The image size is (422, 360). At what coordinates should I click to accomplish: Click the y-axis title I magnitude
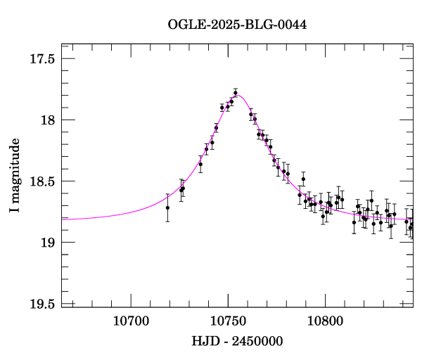pyautogui.click(x=15, y=176)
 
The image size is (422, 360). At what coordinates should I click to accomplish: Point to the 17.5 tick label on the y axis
pyautogui.click(x=42, y=58)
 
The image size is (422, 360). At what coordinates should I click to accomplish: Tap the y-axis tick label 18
pyautogui.click(x=48, y=120)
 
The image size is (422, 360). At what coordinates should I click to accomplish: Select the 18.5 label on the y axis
pyautogui.click(x=42, y=181)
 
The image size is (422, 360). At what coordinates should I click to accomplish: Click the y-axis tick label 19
pyautogui.click(x=48, y=243)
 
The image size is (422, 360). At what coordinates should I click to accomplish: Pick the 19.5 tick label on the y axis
pyautogui.click(x=42, y=304)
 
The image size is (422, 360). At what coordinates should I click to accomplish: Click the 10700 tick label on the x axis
pyautogui.click(x=132, y=321)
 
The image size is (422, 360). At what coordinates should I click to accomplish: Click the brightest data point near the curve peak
pyautogui.click(x=236, y=92)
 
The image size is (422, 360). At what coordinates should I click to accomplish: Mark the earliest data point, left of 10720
pyautogui.click(x=167, y=207)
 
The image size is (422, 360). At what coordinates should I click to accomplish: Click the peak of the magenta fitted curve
pyautogui.click(x=238, y=95)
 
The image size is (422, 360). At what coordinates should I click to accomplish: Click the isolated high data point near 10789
pyautogui.click(x=303, y=179)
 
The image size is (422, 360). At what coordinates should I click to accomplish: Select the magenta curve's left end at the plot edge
pyautogui.click(x=63, y=219)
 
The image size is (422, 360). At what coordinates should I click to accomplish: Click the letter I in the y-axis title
pyautogui.click(x=15, y=211)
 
